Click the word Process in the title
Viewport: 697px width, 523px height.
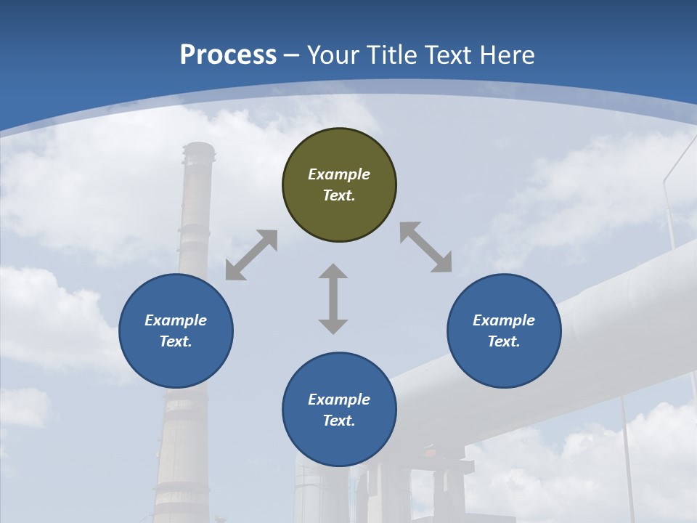228,55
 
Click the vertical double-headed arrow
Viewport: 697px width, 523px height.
333,299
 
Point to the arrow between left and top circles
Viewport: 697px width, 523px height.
251,255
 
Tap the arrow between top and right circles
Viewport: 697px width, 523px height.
425,247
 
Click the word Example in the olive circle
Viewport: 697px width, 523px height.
339,174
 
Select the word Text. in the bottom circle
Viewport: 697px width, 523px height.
339,421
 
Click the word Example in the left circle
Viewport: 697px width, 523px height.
176,320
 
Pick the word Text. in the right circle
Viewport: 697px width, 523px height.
504,341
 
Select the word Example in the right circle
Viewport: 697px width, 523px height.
504,320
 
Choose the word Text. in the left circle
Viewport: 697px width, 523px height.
176,341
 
